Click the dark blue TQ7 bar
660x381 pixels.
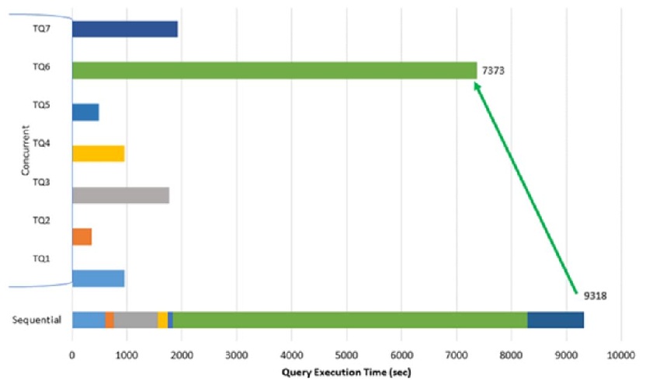pos(124,29)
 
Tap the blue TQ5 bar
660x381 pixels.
pos(85,112)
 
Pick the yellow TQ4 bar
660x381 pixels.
pos(98,153)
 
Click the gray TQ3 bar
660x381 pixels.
pos(120,195)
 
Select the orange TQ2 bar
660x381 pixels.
pos(82,236)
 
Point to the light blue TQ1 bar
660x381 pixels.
pos(98,278)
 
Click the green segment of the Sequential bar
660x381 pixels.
pos(349,320)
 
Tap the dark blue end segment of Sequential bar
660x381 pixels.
pos(555,320)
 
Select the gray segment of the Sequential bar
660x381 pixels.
pos(136,320)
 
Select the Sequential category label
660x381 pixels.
pos(37,320)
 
